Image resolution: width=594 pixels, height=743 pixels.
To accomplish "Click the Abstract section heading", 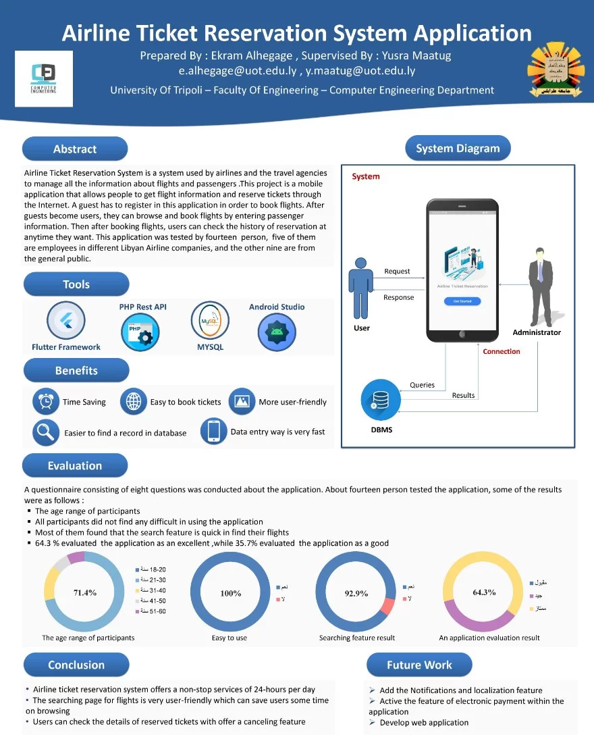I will tap(75, 149).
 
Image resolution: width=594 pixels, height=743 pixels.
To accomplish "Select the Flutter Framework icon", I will tap(65, 321).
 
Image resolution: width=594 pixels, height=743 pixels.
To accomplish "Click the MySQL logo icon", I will tap(210, 321).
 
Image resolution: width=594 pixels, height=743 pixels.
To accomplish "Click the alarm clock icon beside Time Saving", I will tap(46, 401).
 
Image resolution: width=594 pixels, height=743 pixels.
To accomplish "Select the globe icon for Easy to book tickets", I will tap(133, 401).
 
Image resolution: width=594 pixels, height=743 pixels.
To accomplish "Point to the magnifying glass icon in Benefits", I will tap(46, 432).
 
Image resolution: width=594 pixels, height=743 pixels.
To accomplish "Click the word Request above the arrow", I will tap(397, 271).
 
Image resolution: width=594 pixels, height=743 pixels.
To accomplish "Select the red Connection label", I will tap(502, 351).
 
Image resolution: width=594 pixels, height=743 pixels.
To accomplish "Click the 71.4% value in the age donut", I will tap(85, 593).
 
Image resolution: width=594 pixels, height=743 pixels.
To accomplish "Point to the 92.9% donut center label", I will tap(356, 593).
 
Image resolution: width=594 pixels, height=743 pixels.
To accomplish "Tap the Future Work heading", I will tap(419, 665).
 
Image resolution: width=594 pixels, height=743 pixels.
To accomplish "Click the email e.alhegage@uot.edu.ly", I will tap(237, 70).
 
